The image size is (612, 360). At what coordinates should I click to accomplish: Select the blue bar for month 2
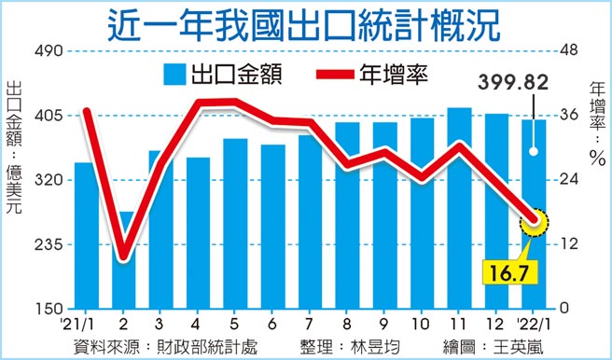coord(122,260)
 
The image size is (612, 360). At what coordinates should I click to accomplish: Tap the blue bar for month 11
coord(458,208)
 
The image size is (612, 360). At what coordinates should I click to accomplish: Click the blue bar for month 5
coord(235,224)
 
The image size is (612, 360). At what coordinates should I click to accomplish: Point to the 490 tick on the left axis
coord(45,51)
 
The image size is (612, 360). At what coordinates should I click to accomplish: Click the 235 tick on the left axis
coord(45,244)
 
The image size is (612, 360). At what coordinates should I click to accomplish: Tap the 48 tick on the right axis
coord(568,51)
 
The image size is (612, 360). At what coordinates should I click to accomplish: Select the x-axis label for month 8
coord(346,325)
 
